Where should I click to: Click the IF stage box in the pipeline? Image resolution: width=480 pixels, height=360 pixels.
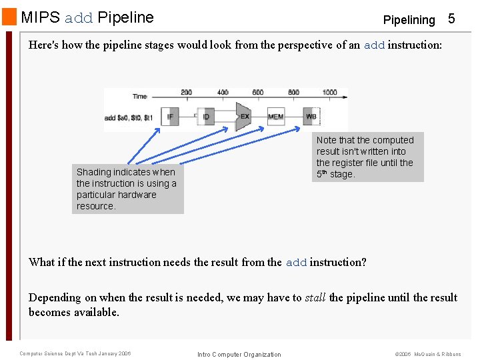point(171,117)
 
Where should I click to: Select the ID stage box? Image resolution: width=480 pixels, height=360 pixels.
point(207,117)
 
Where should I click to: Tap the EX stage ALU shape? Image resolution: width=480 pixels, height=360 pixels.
point(243,117)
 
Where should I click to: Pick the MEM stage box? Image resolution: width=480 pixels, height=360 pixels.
point(275,117)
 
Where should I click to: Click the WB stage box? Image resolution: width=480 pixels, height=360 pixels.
point(311,117)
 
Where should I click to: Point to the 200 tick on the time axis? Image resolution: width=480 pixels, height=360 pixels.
point(186,93)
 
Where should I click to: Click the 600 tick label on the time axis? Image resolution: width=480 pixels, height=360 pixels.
point(258,93)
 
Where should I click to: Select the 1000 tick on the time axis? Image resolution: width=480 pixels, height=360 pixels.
point(329,93)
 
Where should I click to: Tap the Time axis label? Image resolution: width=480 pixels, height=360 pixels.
point(139,97)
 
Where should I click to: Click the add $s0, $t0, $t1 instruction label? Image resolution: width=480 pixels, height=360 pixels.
point(129,117)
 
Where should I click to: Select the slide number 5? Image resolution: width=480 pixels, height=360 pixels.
point(451,19)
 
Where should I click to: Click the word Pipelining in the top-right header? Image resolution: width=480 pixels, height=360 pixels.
point(409,20)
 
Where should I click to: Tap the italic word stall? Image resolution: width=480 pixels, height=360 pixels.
point(315,297)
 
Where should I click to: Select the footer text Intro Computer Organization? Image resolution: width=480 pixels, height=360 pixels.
point(239,354)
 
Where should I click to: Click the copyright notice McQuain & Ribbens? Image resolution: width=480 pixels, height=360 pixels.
point(437,354)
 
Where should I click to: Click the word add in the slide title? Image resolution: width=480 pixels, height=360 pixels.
point(79,18)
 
